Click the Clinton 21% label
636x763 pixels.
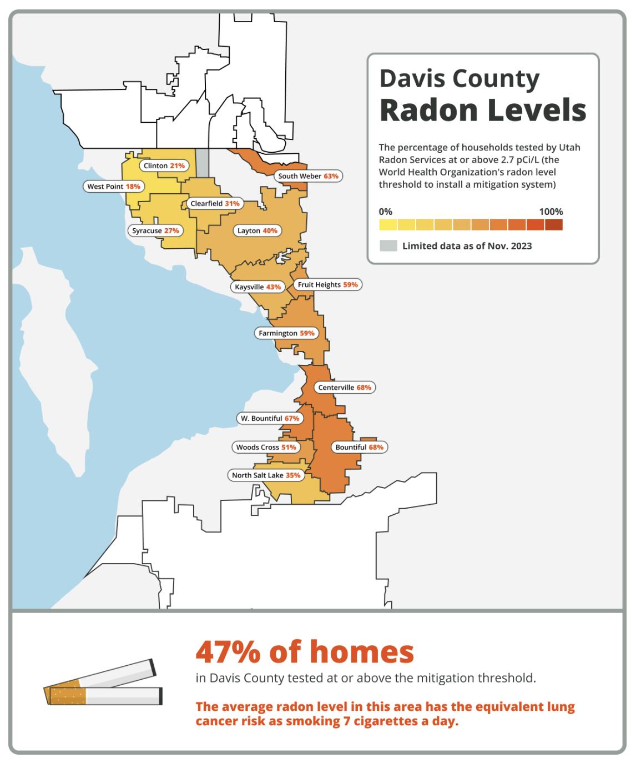[x=164, y=166]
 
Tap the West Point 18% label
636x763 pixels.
[x=114, y=187]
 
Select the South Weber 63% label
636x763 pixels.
[x=308, y=176]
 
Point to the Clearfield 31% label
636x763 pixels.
[x=215, y=204]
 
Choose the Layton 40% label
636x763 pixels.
[x=257, y=231]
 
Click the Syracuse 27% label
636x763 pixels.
[x=155, y=231]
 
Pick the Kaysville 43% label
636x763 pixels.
[x=258, y=287]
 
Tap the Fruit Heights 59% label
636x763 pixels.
[x=327, y=285]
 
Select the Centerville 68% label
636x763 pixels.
[x=344, y=388]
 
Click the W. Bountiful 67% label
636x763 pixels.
[x=270, y=419]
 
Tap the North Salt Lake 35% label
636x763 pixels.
[x=266, y=475]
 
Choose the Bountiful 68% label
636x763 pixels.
[x=359, y=448]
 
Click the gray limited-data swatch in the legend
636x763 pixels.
[x=388, y=245]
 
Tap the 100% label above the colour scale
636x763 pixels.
[x=551, y=212]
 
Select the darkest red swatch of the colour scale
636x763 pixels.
[x=553, y=224]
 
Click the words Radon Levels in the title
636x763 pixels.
[x=483, y=110]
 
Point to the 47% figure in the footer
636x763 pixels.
[x=228, y=652]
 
